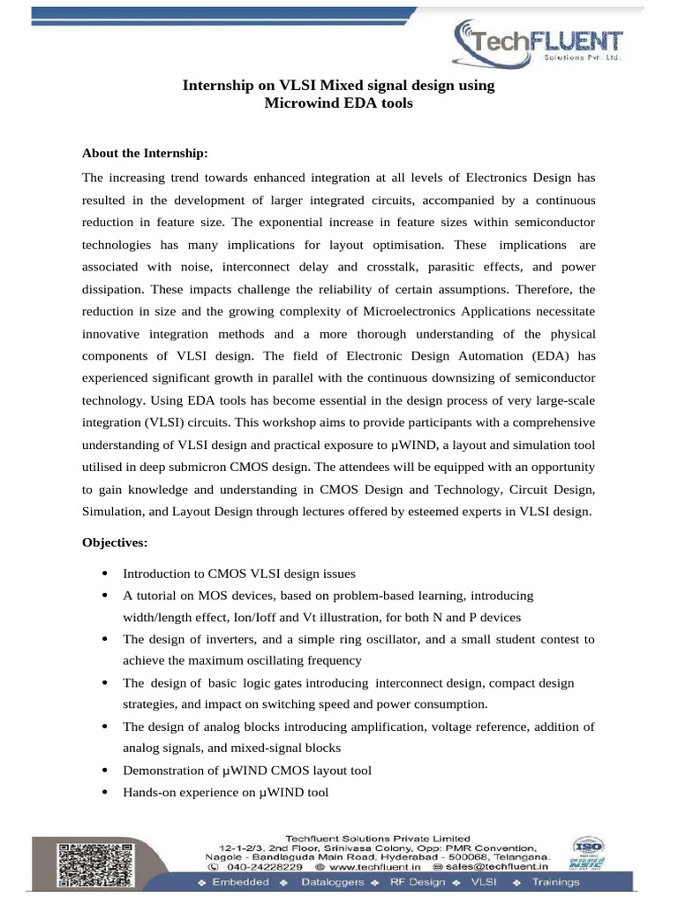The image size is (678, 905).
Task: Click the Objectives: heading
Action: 115,541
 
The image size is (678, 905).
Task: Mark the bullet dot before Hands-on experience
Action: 106,793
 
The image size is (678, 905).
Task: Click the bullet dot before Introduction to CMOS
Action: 106,574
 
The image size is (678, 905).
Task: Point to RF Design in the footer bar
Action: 415,883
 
